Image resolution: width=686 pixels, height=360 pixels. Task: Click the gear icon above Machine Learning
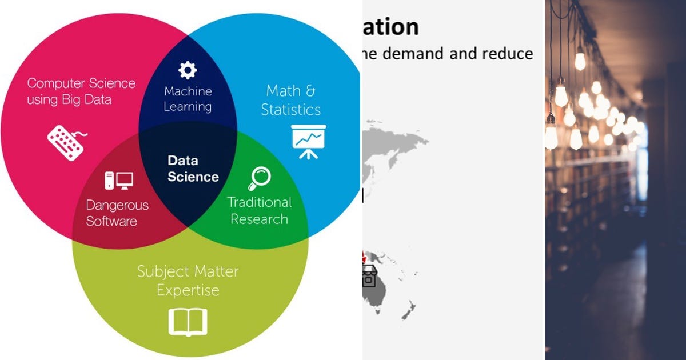pos(188,70)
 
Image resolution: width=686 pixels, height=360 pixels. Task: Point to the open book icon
pos(188,322)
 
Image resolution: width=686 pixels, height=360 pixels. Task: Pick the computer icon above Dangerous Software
pos(118,181)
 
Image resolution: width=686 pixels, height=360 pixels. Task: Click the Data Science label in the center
pos(193,169)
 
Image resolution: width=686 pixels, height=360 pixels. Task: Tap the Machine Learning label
pos(188,99)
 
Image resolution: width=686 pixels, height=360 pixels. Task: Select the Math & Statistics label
pos(290,100)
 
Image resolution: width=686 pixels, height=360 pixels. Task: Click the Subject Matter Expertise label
pos(188,281)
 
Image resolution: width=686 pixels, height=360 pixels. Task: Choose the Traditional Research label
pos(259,210)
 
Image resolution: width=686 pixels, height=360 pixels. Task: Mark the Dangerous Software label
pos(117,213)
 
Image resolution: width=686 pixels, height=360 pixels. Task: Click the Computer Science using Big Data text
pos(81,91)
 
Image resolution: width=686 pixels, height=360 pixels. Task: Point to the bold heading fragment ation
pos(390,27)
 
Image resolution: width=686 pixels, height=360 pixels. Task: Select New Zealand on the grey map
pos(409,311)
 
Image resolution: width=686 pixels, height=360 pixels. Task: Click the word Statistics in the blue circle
pos(290,109)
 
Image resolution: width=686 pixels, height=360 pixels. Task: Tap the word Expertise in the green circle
pos(188,290)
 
